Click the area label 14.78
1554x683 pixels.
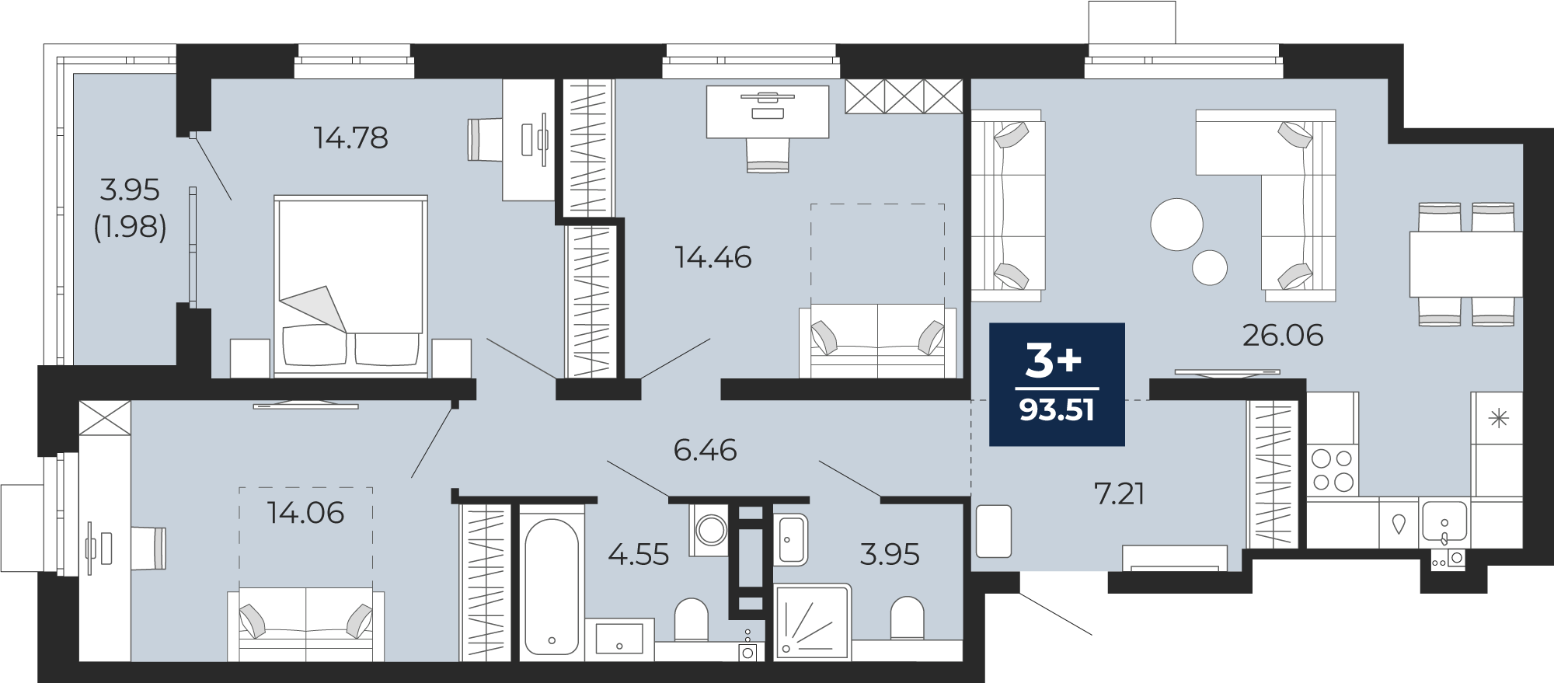tap(350, 138)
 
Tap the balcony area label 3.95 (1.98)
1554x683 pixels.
tap(130, 208)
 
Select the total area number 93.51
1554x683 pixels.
tap(1057, 409)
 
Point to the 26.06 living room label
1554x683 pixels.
tap(1282, 335)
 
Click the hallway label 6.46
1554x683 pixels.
tap(705, 450)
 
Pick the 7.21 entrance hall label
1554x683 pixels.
tap(1119, 493)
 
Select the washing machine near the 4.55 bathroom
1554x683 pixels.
tap(710, 531)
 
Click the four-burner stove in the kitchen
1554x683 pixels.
tap(1333, 469)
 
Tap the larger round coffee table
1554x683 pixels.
tap(1176, 225)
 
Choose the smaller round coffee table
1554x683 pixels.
tap(1210, 267)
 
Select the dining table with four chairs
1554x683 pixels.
tap(1465, 264)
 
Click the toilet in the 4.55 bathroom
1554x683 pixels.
tap(691, 619)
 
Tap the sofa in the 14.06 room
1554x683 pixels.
tap(305, 625)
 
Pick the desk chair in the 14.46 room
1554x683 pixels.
tap(768, 155)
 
